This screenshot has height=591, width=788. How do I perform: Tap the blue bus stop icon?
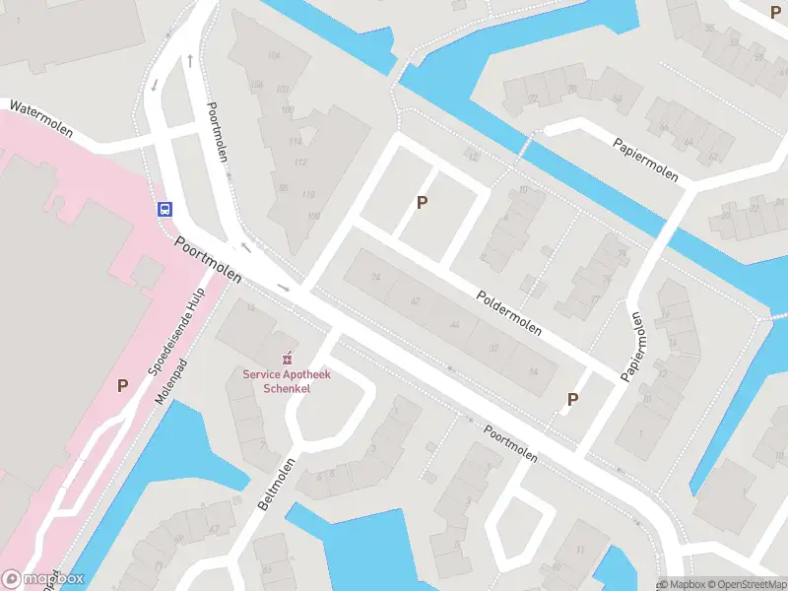pos(165,209)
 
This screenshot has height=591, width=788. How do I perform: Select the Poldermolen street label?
pos(508,312)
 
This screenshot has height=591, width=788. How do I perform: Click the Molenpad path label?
pos(169,383)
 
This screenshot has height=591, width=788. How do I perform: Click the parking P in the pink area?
pos(123,385)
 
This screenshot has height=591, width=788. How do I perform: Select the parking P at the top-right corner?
pos(774,12)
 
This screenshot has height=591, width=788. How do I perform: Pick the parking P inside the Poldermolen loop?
pos(423,202)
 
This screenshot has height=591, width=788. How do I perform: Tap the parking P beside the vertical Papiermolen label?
pos(571,399)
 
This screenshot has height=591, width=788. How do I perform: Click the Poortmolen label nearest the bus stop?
pos(208,260)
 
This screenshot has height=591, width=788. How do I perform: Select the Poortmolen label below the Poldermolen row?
pos(510,443)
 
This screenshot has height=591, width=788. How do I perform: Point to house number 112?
pos(300,163)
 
